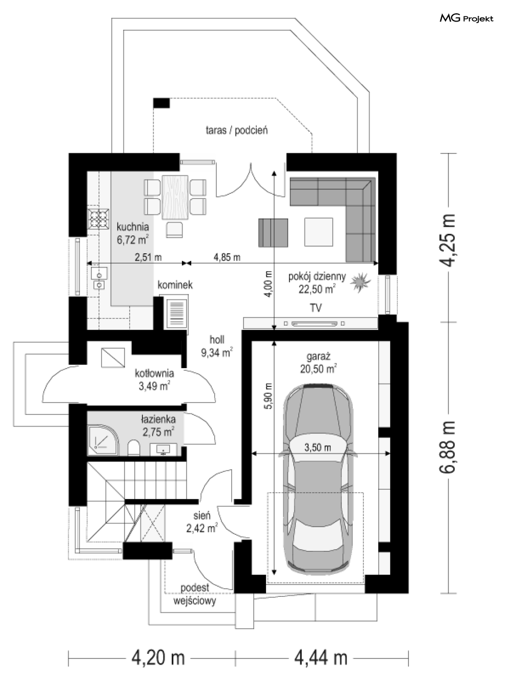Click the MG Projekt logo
466,18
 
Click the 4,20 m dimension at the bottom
158,657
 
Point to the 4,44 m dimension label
320,657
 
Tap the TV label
315,308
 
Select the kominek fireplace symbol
176,312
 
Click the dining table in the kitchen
175,197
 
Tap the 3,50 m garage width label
317,448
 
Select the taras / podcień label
237,130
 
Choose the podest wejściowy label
195,595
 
